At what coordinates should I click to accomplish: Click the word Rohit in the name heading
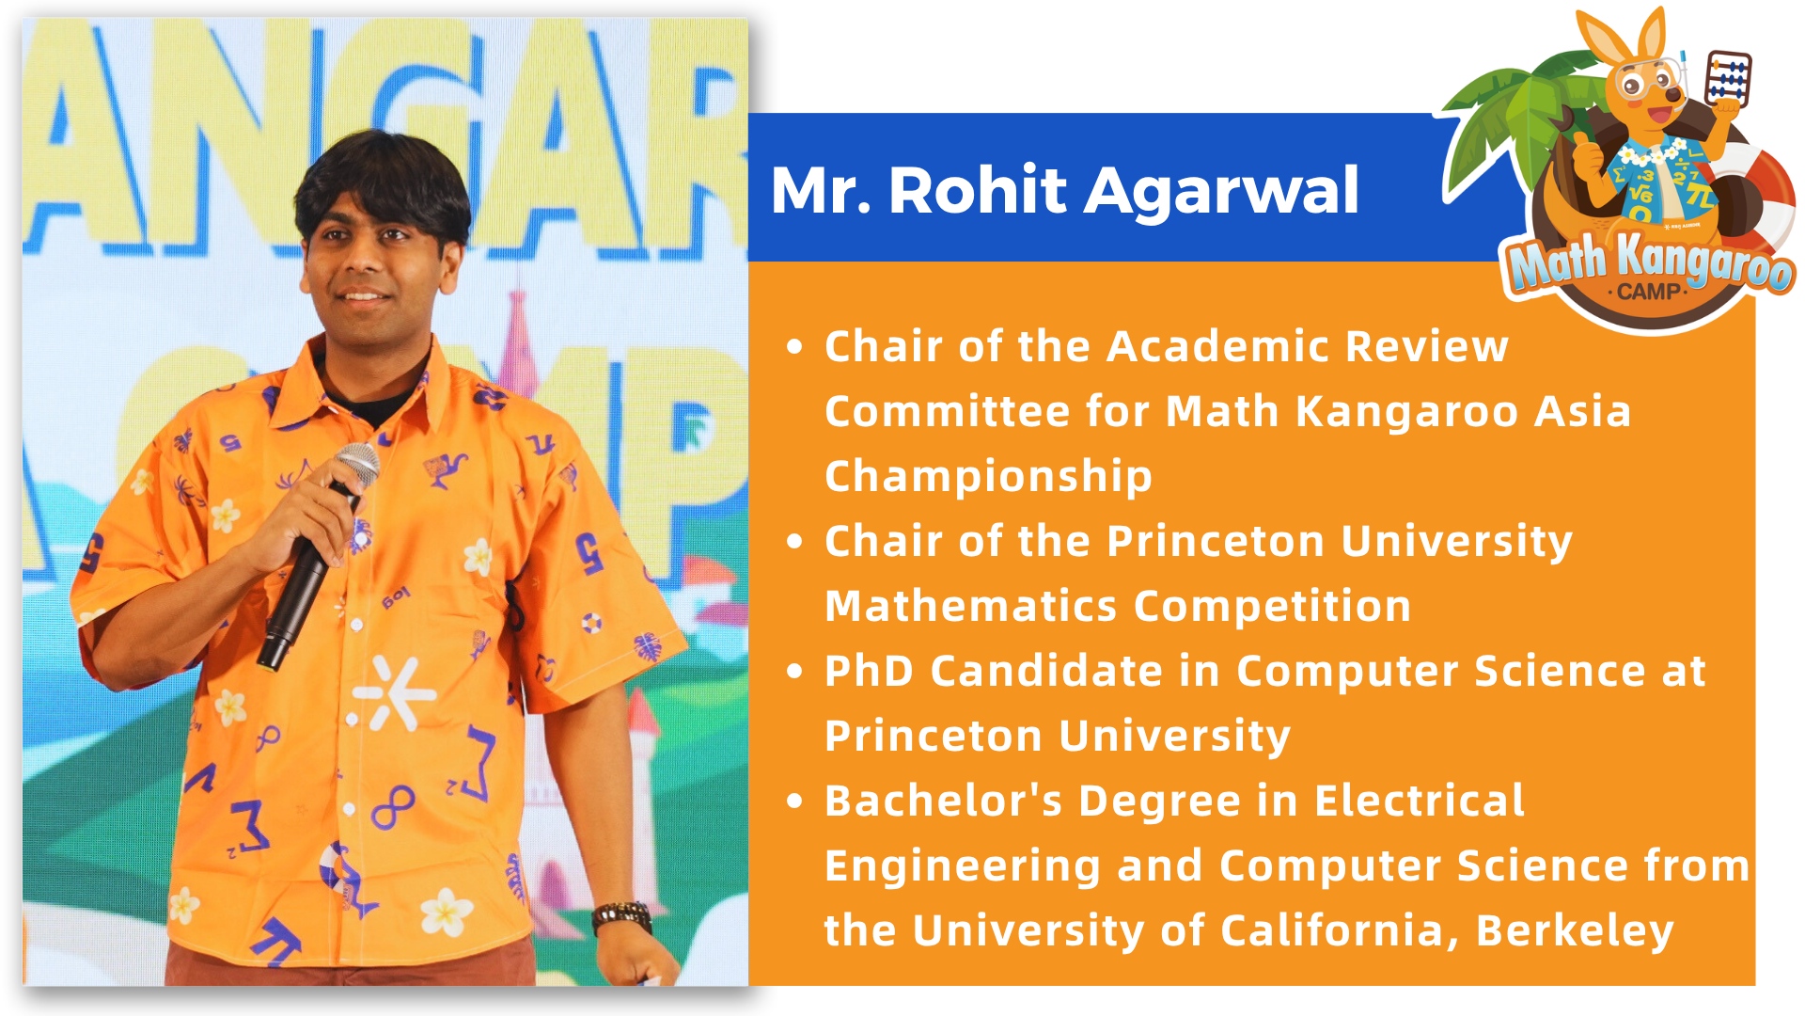(x=977, y=190)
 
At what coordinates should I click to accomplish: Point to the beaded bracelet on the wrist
(x=621, y=915)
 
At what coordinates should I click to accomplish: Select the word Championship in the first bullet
(x=988, y=477)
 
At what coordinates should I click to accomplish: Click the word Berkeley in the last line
(x=1575, y=931)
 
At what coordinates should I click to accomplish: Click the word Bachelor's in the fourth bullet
(x=943, y=802)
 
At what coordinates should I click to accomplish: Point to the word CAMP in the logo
(x=1648, y=292)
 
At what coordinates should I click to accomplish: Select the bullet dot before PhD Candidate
(x=795, y=672)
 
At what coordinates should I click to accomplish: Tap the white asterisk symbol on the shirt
(x=392, y=694)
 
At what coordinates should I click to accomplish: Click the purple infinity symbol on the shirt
(x=393, y=806)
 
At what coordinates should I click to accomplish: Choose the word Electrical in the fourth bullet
(x=1419, y=802)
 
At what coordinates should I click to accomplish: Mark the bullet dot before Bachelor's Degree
(x=795, y=802)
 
